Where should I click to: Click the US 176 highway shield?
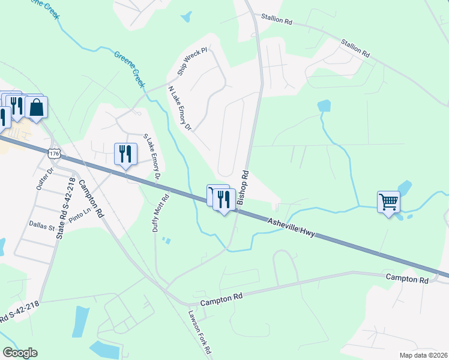(55, 154)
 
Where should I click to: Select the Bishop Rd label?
(243, 187)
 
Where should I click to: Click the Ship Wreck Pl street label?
(191, 62)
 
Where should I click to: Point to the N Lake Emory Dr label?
(179, 109)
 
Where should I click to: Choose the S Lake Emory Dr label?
(151, 157)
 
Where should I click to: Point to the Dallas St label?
(42, 227)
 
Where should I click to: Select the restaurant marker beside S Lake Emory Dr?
(125, 154)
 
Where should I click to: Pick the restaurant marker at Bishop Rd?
(224, 199)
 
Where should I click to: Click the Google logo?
(20, 353)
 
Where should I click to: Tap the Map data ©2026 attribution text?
(424, 355)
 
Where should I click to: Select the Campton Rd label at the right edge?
(407, 278)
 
